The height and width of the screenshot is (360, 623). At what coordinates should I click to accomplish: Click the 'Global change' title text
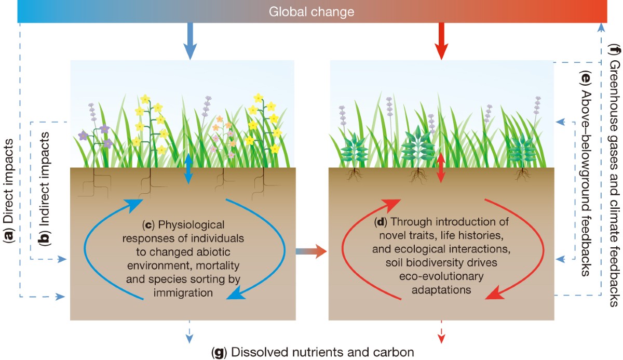point(311,11)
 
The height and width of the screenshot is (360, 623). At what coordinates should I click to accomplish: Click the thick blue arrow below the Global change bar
point(189,41)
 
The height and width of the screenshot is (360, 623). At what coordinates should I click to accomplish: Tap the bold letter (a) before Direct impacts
point(8,237)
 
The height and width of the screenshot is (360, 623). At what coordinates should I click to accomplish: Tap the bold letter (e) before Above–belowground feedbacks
point(586,77)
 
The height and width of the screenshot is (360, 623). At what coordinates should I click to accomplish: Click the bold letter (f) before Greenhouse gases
point(614,50)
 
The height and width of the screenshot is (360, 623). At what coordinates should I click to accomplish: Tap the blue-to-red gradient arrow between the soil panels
point(311,252)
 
